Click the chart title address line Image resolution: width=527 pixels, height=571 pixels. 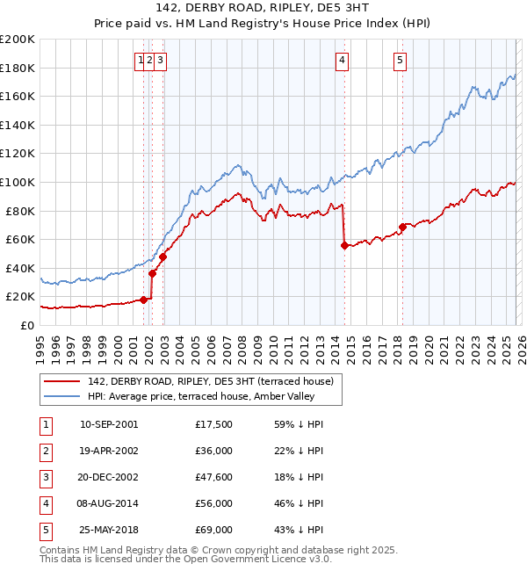click(x=263, y=8)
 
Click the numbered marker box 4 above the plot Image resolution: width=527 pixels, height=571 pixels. click(x=342, y=61)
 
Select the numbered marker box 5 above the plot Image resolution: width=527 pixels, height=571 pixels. click(x=400, y=61)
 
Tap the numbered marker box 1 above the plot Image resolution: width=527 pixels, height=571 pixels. click(x=141, y=61)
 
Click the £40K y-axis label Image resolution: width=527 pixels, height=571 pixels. click(x=20, y=268)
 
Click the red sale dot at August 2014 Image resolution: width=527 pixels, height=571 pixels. click(x=344, y=245)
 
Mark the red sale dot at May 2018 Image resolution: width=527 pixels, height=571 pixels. click(x=403, y=227)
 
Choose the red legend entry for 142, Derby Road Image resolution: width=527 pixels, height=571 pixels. click(x=210, y=382)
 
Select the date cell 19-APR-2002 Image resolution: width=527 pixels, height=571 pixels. click(x=109, y=451)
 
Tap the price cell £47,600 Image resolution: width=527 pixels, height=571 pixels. click(x=214, y=477)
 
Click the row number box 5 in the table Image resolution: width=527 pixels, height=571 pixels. click(x=45, y=530)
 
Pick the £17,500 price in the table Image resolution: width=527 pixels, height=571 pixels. click(x=214, y=424)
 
